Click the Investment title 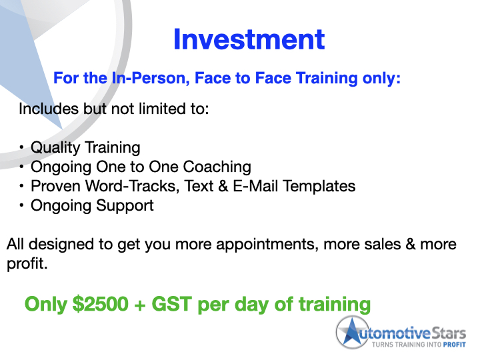pyautogui.click(x=249, y=39)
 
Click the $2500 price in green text pyautogui.click(x=100, y=304)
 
